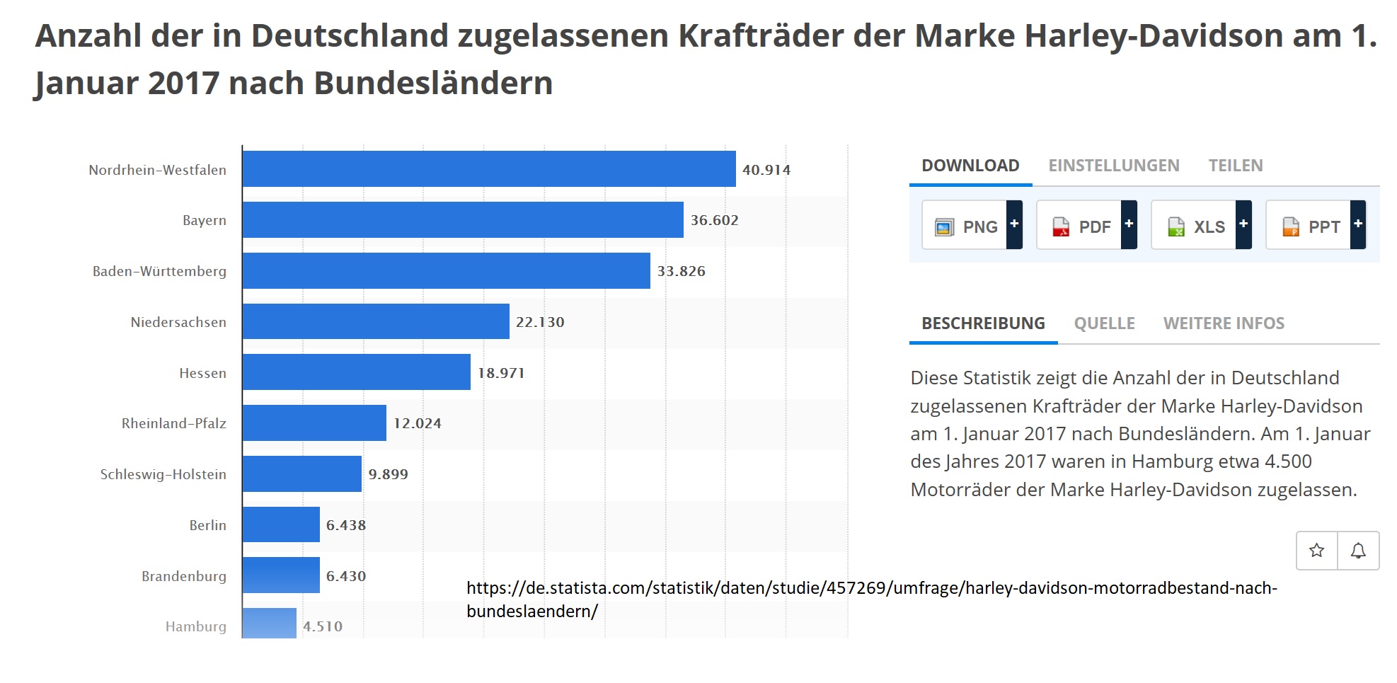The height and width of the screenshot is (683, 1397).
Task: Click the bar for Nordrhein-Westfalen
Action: (x=488, y=169)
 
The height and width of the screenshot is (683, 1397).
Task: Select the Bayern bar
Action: (x=463, y=220)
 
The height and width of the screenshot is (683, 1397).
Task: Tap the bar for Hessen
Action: (x=357, y=372)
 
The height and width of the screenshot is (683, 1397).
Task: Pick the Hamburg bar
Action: (x=270, y=624)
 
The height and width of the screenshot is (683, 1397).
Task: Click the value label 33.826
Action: (x=681, y=271)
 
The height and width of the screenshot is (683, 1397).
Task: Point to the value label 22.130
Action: (x=540, y=322)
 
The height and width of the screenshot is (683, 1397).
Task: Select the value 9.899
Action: (x=388, y=474)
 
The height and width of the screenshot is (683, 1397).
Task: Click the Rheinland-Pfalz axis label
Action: (x=174, y=423)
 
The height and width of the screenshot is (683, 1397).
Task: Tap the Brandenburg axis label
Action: (x=184, y=576)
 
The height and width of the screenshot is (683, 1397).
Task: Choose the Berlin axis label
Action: (x=208, y=525)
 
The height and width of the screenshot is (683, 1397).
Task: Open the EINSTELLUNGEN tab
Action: (x=1114, y=166)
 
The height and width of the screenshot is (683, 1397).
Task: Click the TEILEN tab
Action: (x=1236, y=166)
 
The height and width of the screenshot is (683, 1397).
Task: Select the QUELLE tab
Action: (x=1104, y=323)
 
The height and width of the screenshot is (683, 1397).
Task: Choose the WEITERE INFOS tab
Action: (x=1224, y=323)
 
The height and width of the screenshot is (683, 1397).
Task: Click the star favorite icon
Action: (x=1316, y=551)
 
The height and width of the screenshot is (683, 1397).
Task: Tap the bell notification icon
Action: (x=1358, y=551)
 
